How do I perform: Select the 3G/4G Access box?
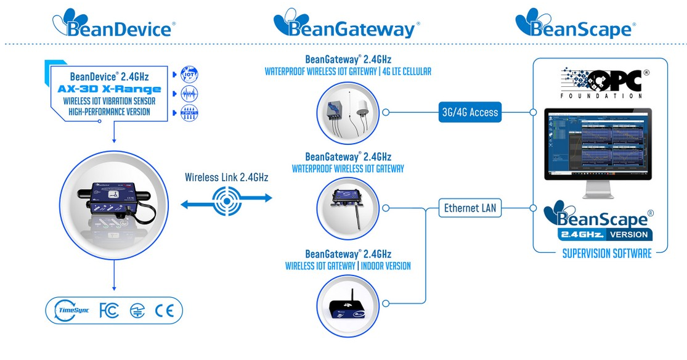coord(470,112)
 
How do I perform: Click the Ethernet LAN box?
coord(470,208)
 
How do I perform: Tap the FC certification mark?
coord(108,311)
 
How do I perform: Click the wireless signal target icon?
coord(226,198)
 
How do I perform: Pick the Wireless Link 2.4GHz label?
coord(226,178)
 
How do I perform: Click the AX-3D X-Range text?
coord(110,89)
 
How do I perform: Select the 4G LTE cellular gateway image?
coord(348,112)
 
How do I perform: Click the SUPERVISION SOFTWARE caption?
coord(606,253)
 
